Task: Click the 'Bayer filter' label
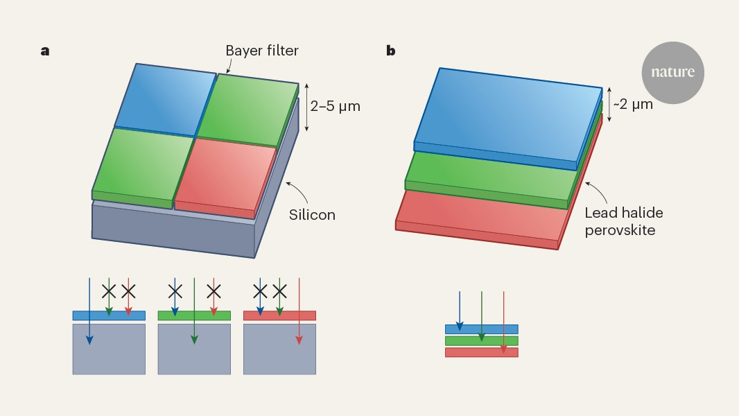[x=262, y=51]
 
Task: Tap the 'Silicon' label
[x=312, y=215]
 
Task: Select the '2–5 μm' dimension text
[x=336, y=107]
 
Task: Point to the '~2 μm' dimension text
[x=633, y=105]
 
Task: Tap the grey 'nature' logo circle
[x=672, y=72]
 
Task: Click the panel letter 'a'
[x=45, y=51]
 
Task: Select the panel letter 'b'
[x=391, y=51]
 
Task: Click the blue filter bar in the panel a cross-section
[x=109, y=315]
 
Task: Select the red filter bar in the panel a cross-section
[x=279, y=315]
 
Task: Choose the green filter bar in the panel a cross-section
[x=194, y=315]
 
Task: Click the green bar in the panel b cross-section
[x=481, y=340]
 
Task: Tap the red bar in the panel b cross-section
[x=481, y=352]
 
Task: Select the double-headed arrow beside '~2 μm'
[x=609, y=104]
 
